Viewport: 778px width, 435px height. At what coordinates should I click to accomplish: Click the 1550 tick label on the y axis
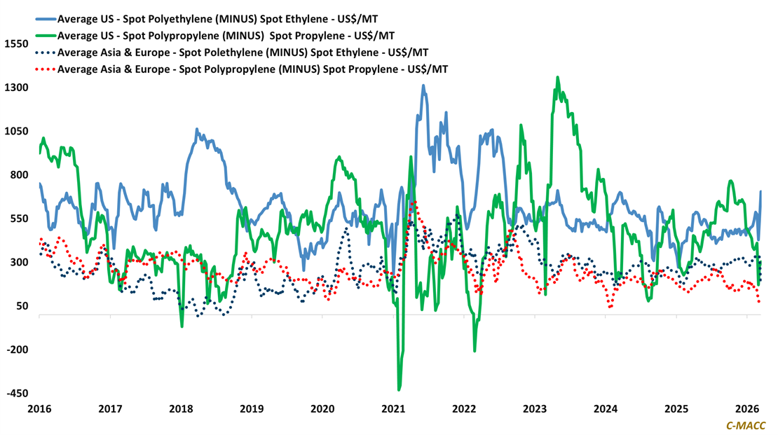coord(15,44)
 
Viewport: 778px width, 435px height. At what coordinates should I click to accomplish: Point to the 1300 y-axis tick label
coord(15,88)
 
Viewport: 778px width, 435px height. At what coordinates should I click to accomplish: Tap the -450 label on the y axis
coord(15,394)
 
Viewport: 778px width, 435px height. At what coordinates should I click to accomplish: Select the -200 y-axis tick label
coord(15,350)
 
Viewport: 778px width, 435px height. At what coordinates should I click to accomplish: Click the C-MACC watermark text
coord(746,425)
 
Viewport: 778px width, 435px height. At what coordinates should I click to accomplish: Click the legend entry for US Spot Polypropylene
coord(226,35)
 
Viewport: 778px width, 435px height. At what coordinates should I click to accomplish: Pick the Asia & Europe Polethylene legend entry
coord(243,53)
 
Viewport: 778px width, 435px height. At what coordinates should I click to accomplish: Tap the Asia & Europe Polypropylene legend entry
coord(252,69)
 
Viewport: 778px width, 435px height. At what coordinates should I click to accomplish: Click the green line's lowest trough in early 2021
coord(399,389)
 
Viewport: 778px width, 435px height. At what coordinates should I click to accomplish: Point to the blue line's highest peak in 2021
coord(423,85)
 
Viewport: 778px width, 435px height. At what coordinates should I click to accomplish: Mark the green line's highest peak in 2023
coord(557,78)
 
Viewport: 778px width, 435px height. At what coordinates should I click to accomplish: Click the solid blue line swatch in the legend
coord(46,18)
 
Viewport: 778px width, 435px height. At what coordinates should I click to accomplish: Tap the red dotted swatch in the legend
coord(46,69)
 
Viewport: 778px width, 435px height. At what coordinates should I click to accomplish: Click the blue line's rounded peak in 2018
coord(197,130)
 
